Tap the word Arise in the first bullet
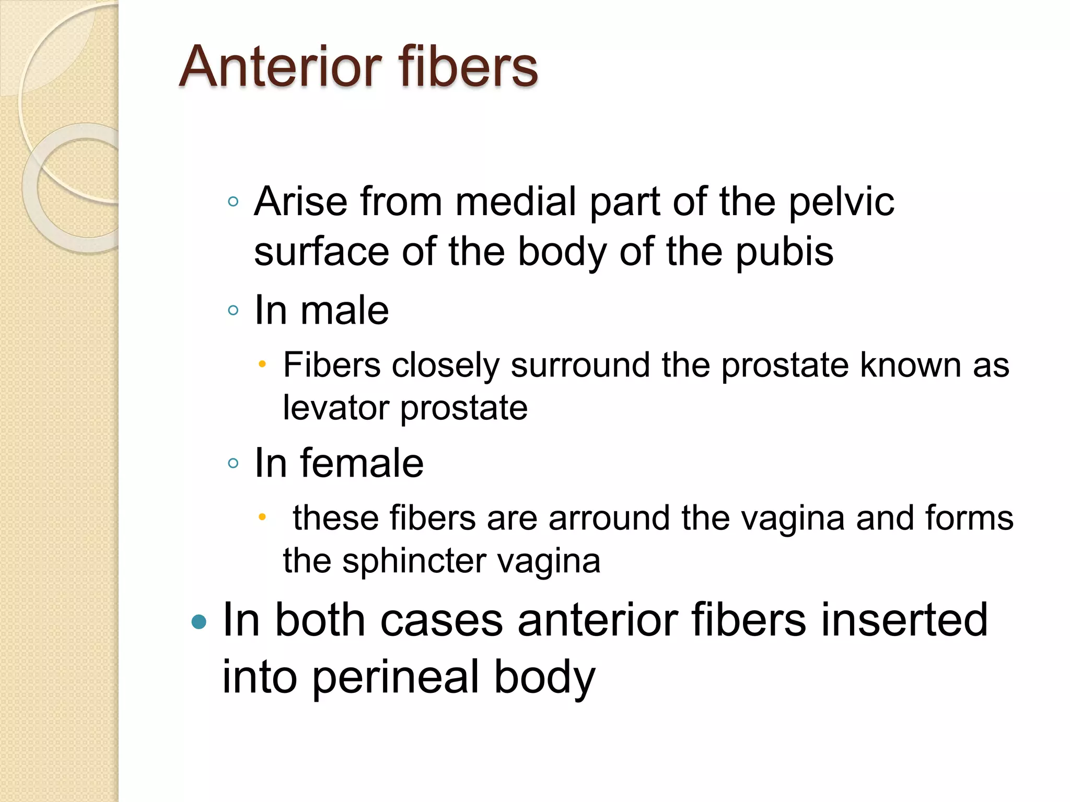tap(300, 202)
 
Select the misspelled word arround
tap(609, 518)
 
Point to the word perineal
tap(396, 677)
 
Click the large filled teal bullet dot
tap(199, 622)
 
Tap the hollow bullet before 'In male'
tap(234, 311)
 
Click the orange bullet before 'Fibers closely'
tap(262, 364)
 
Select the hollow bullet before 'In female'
tap(234, 463)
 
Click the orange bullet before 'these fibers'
tap(262, 517)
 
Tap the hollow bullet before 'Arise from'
tap(234, 202)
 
